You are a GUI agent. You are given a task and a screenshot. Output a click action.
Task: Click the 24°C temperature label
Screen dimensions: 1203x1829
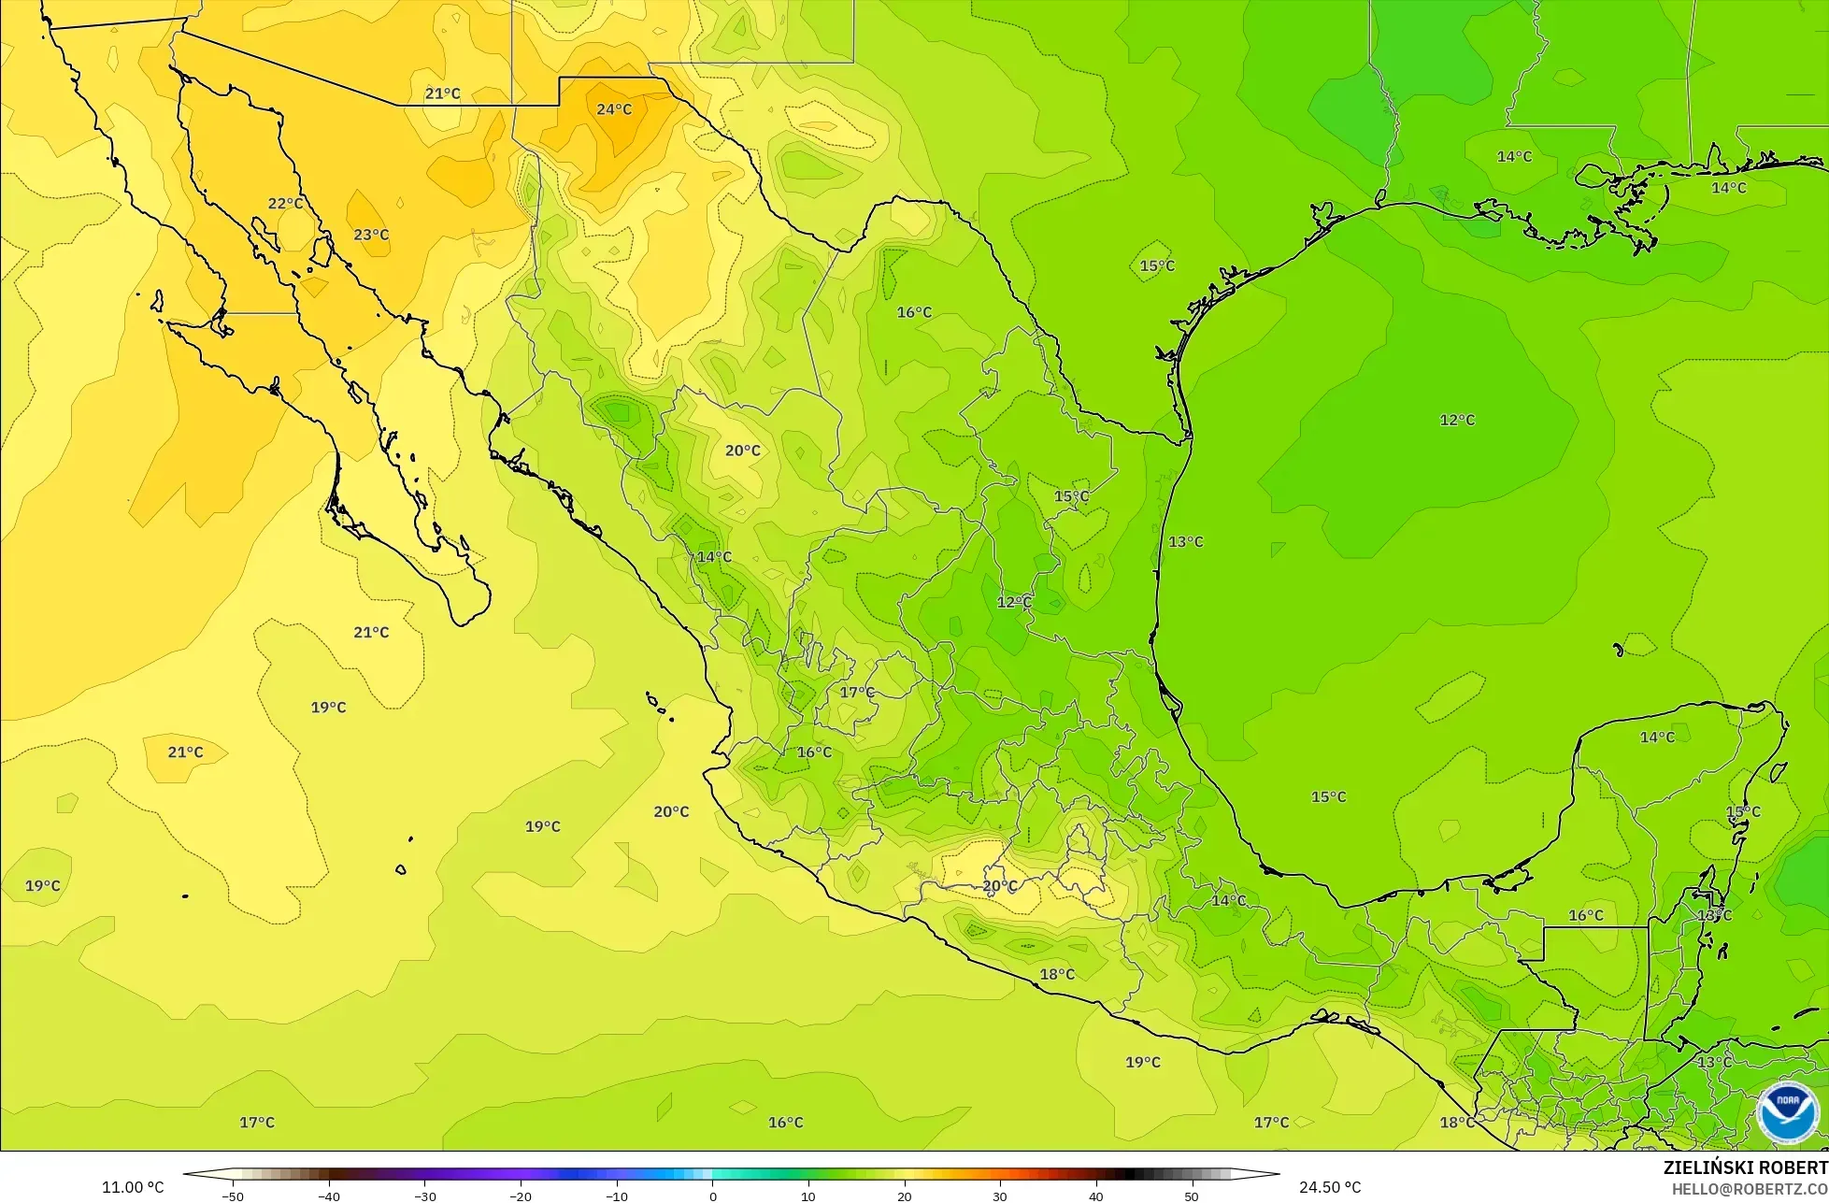click(x=614, y=109)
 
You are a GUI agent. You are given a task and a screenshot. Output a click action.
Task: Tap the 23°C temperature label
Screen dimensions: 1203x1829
click(x=371, y=235)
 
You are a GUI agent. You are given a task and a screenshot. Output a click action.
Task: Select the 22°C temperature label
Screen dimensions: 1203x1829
click(x=285, y=204)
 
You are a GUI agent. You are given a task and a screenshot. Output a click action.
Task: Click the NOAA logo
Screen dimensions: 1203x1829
click(x=1786, y=1112)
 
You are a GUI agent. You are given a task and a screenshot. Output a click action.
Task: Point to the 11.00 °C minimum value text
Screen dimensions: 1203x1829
click(x=133, y=1187)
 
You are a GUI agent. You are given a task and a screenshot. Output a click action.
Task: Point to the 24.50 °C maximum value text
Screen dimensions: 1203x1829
click(x=1330, y=1187)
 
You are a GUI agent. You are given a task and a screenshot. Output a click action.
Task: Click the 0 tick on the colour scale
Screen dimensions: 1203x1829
click(x=712, y=1196)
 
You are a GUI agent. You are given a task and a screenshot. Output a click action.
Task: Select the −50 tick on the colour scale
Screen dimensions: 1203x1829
click(x=233, y=1196)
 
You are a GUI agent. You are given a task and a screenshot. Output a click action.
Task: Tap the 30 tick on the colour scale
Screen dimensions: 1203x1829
click(x=1000, y=1196)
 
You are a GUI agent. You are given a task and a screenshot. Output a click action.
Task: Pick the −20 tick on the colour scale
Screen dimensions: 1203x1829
click(x=520, y=1196)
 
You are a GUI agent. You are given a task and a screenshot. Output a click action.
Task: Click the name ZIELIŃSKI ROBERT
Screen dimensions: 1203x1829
click(x=1745, y=1167)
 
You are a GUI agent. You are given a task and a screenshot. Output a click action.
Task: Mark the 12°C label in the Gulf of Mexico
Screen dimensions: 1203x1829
click(x=1457, y=421)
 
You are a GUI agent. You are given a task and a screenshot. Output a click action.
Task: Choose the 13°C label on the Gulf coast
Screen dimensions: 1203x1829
click(x=1186, y=542)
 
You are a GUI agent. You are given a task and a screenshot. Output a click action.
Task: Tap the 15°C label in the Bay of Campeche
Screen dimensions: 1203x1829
click(x=1328, y=797)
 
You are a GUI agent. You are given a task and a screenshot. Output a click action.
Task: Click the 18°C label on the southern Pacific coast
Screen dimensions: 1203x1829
click(x=1057, y=975)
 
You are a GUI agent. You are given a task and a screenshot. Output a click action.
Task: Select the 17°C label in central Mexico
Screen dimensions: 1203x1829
click(x=857, y=693)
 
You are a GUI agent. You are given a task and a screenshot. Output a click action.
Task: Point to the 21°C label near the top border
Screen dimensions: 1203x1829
click(x=442, y=93)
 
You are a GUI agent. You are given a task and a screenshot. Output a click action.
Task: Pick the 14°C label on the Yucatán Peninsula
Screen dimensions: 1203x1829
click(x=1657, y=738)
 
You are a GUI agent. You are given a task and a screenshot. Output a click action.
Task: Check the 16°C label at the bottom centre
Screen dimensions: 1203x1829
click(x=785, y=1123)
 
